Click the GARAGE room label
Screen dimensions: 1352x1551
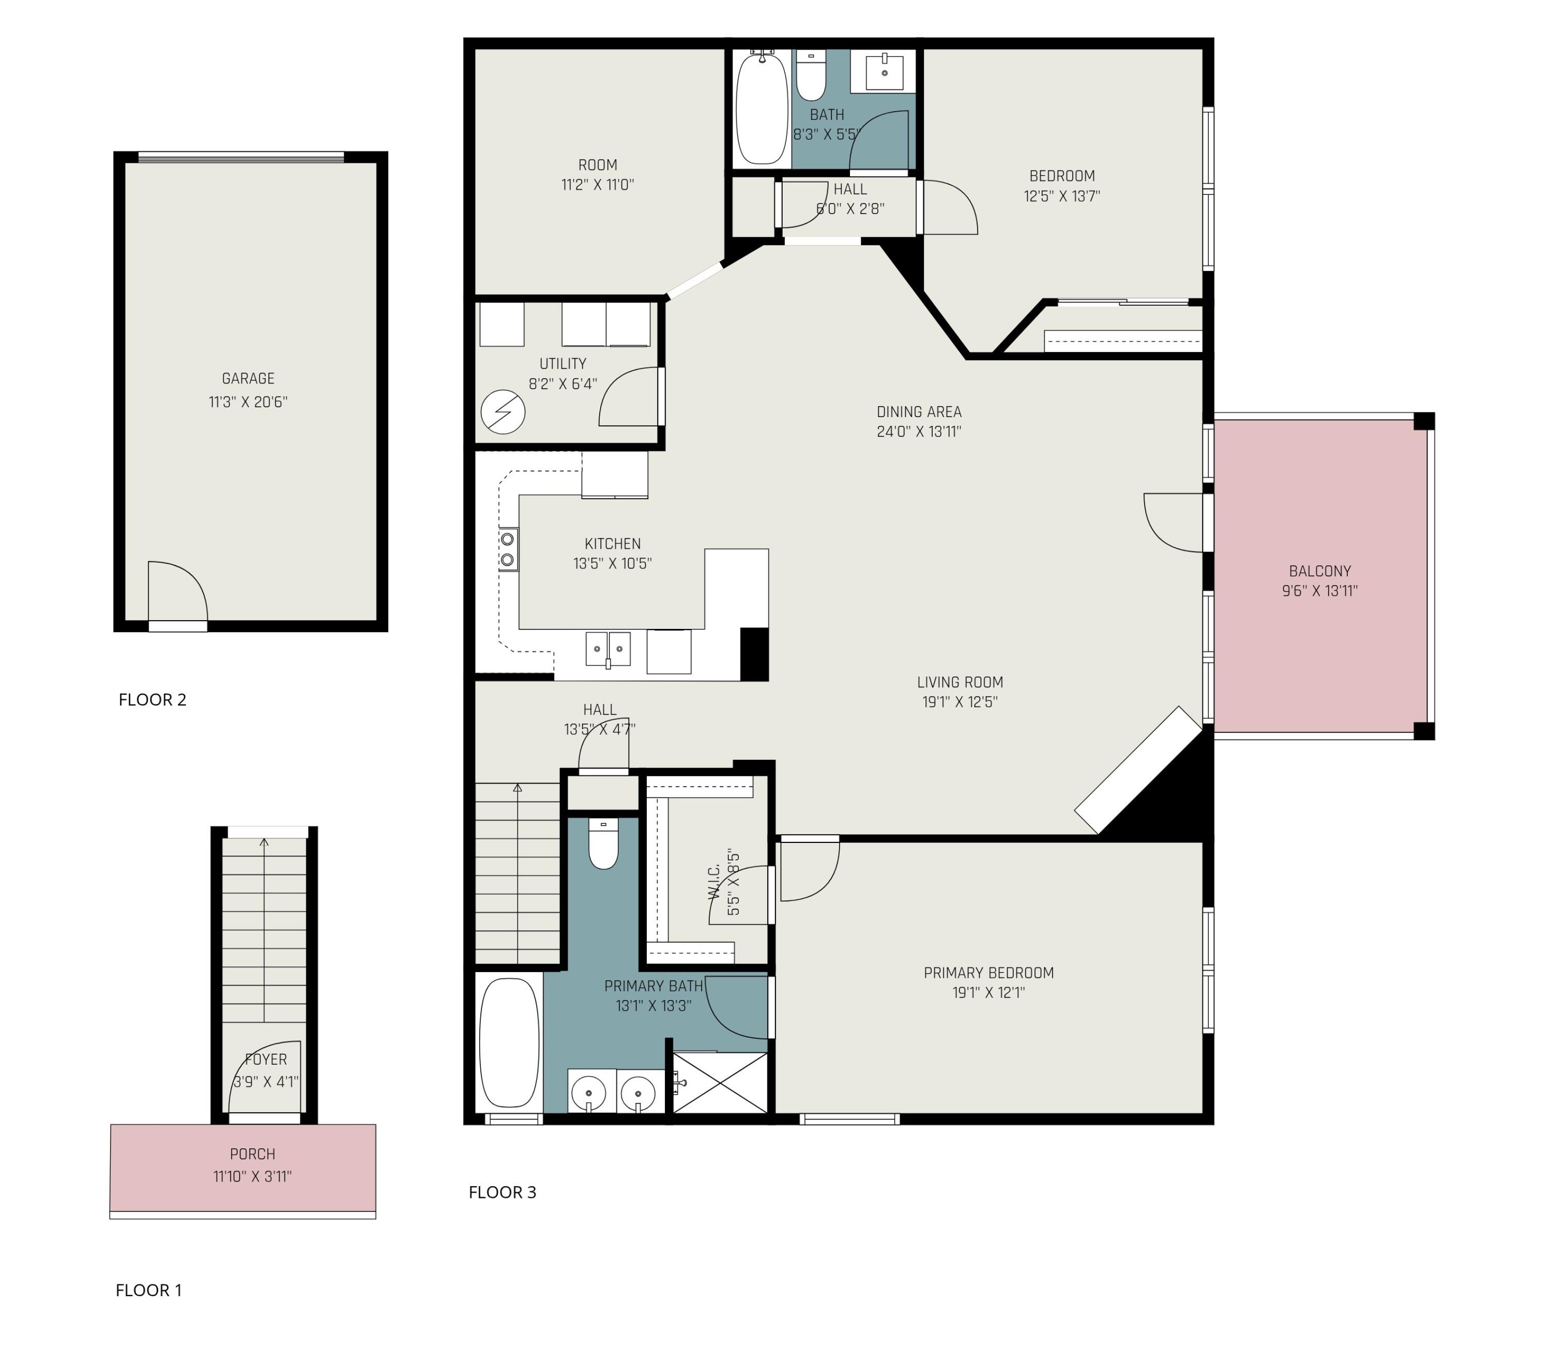(x=248, y=379)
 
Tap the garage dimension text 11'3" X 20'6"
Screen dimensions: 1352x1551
(x=248, y=402)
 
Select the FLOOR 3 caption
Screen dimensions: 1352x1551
(x=502, y=1192)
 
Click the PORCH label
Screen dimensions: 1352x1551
(x=252, y=1155)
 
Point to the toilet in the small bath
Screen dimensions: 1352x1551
(x=811, y=75)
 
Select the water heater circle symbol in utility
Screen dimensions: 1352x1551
(x=503, y=412)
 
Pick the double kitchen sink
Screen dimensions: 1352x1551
(x=607, y=649)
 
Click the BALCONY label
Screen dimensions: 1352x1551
(x=1319, y=571)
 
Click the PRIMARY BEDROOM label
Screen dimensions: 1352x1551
(x=988, y=973)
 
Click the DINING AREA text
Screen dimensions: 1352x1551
(x=919, y=412)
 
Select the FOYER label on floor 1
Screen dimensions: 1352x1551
(x=266, y=1059)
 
